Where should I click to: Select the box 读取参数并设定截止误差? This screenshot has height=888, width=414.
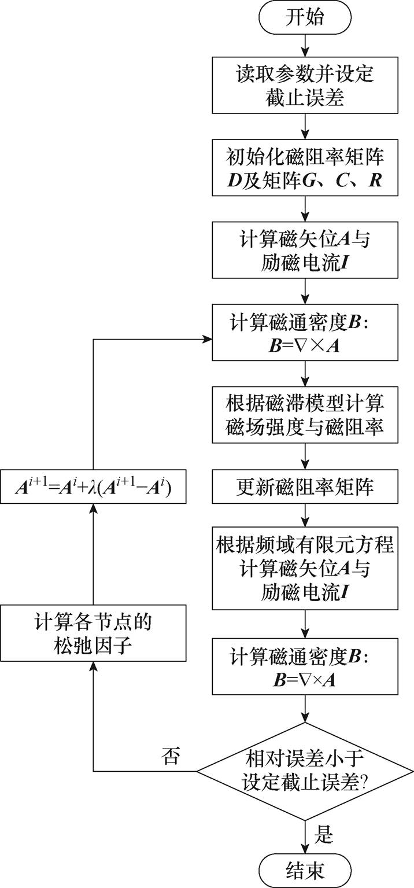pyautogui.click(x=305, y=84)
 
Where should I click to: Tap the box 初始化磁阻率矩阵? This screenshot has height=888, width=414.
pyautogui.click(x=305, y=168)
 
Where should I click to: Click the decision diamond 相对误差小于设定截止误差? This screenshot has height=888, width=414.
pyautogui.click(x=305, y=771)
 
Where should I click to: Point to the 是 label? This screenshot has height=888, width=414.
pyautogui.click(x=325, y=833)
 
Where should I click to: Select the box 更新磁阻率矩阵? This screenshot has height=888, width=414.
pyautogui.click(x=305, y=487)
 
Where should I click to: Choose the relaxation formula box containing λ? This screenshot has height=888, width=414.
pyautogui.click(x=93, y=488)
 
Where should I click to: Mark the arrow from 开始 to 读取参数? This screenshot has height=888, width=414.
pyautogui.click(x=305, y=45)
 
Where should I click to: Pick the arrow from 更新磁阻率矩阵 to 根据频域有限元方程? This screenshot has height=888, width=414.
pyautogui.click(x=305, y=514)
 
